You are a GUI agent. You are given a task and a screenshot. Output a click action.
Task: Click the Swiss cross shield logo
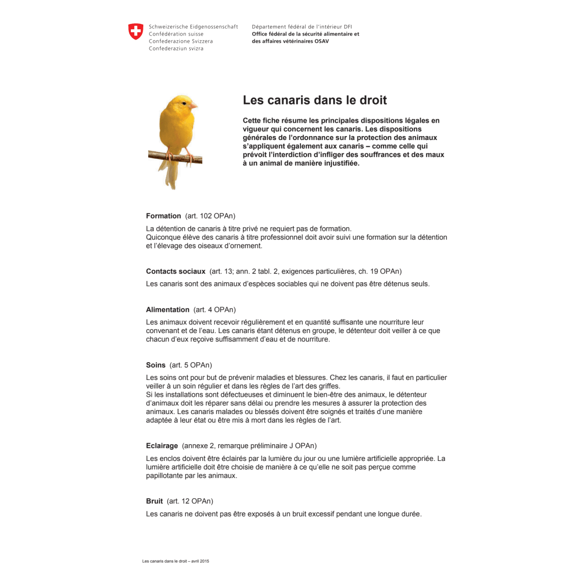[x=136, y=32]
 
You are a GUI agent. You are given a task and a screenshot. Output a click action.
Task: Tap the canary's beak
[x=193, y=105]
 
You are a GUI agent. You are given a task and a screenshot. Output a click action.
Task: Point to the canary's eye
[x=183, y=103]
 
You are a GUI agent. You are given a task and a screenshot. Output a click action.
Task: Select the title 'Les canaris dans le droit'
[x=314, y=100]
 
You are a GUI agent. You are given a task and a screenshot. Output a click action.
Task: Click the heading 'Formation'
[x=163, y=216]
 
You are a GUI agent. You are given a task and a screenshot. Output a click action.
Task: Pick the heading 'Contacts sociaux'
[x=175, y=271]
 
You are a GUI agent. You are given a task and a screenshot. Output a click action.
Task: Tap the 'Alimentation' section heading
[x=168, y=310]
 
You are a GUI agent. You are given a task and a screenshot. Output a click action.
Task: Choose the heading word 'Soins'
[x=156, y=365]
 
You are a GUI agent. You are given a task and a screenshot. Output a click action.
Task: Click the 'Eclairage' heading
[x=162, y=446]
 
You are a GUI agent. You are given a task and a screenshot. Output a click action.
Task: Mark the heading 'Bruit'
[x=154, y=501]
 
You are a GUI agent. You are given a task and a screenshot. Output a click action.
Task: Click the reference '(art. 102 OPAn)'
[x=210, y=216]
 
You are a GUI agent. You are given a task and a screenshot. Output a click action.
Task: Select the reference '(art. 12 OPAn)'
[x=190, y=501]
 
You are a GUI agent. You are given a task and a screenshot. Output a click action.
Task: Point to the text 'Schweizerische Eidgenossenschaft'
[x=193, y=27]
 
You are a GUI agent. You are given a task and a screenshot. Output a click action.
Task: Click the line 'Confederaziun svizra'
[x=176, y=48]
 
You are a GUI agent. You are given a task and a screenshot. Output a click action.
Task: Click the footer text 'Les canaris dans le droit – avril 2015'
[x=176, y=561]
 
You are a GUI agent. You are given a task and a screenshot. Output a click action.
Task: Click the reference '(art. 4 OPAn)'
[x=215, y=310]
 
